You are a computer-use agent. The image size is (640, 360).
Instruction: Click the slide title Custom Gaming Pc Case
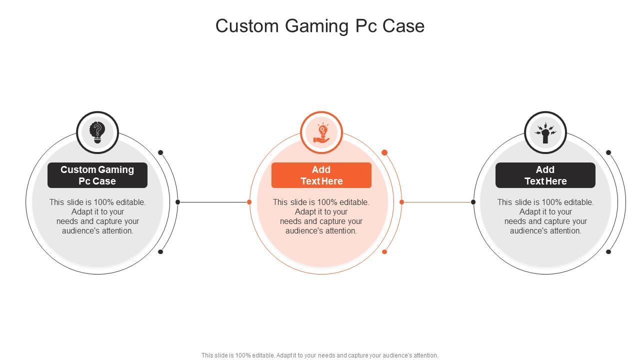pos(320,26)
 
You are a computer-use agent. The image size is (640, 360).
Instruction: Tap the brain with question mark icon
pos(97,132)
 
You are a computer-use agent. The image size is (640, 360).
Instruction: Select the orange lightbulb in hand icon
pos(321,132)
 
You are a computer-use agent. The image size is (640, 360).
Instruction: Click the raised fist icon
pos(545,132)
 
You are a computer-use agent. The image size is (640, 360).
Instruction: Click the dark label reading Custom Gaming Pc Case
pos(97,175)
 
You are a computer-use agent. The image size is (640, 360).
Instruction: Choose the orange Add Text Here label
pos(321,175)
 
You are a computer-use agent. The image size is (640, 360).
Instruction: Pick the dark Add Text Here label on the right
pos(545,175)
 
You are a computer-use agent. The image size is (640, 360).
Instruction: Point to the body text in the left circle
pos(97,216)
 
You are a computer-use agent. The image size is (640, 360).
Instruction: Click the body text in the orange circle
pos(321,216)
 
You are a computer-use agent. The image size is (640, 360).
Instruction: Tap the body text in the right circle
pos(545,216)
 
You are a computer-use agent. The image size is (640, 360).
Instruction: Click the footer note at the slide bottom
pos(320,355)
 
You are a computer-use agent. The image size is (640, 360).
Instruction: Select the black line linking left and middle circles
pos(213,202)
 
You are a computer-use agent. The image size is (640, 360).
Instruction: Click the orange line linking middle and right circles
pos(437,202)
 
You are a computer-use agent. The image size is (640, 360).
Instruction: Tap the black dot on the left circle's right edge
pos(178,202)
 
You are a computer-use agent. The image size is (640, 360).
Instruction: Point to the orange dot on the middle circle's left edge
pos(249,202)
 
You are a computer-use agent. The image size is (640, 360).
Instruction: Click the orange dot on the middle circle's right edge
pos(402,202)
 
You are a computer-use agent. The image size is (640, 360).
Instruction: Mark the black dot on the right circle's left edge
pos(473,202)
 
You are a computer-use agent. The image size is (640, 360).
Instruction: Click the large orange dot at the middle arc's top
pos(384,152)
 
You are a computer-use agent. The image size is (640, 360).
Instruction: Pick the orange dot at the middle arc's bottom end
pos(384,251)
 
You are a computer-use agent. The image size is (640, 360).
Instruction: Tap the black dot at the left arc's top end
pos(160,152)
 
